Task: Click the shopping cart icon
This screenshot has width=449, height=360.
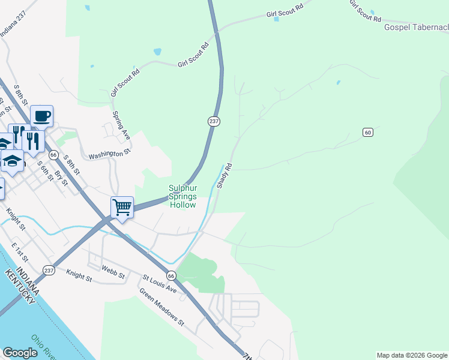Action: (x=122, y=208)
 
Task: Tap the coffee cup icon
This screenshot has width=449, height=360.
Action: (x=41, y=116)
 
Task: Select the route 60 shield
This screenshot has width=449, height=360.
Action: (x=368, y=132)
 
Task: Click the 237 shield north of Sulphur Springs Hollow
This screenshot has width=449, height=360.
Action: (x=214, y=121)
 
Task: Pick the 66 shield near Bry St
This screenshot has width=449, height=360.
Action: (x=53, y=154)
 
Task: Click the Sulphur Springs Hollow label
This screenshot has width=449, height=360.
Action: (x=182, y=196)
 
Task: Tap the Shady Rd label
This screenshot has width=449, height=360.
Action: (x=224, y=176)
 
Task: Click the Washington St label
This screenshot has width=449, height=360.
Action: (x=109, y=155)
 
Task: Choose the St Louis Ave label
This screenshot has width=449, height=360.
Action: (x=159, y=284)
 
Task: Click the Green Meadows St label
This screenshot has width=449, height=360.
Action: (x=161, y=307)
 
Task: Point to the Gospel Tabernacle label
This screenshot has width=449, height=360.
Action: (x=417, y=28)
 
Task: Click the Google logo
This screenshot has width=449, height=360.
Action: (x=20, y=353)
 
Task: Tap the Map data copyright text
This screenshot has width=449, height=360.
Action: (x=412, y=355)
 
